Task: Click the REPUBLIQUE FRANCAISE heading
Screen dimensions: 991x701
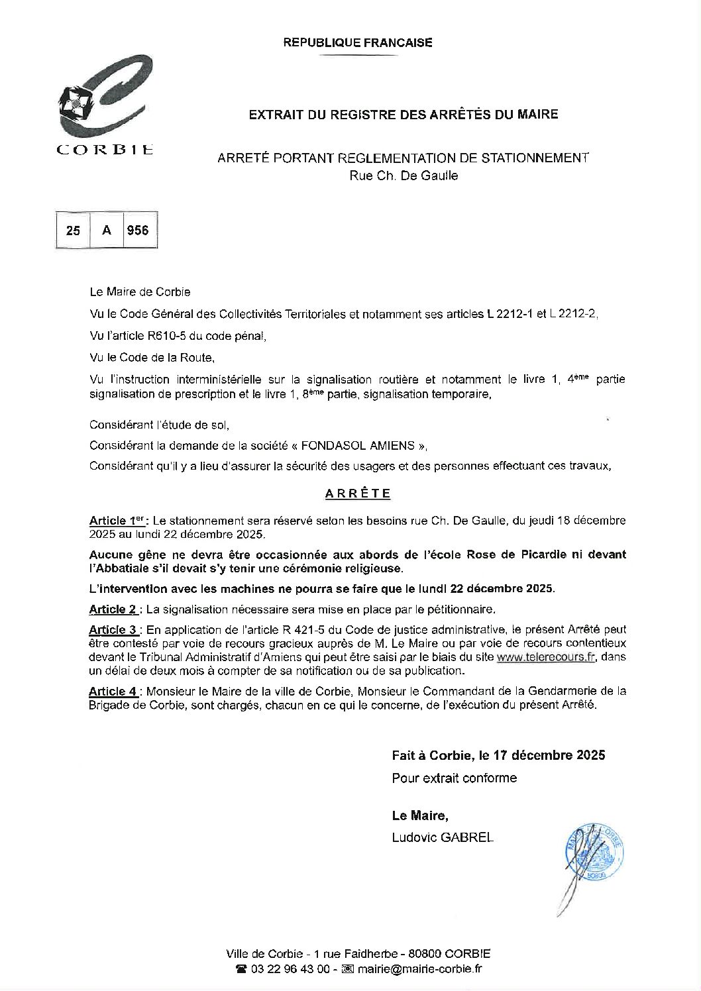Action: (358, 43)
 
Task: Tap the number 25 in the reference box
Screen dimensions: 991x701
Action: (73, 231)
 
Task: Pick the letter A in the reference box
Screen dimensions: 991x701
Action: (106, 231)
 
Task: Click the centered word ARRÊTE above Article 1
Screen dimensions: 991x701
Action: (358, 494)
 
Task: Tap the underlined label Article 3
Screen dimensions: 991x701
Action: (113, 629)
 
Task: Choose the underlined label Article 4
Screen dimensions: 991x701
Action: (113, 692)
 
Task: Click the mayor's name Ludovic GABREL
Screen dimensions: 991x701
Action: (443, 838)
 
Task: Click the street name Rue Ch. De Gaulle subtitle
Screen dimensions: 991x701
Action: (404, 176)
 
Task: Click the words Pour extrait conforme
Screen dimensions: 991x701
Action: (454, 778)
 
